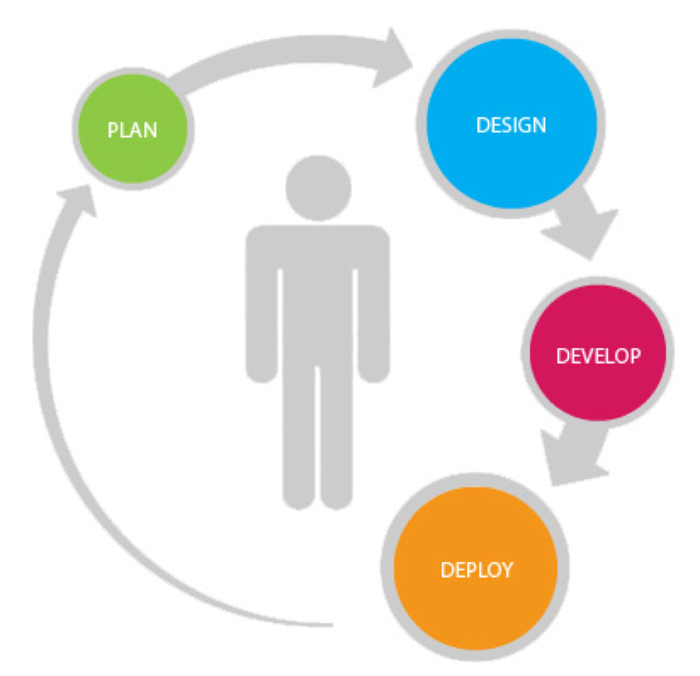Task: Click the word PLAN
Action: (132, 130)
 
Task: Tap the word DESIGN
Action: (510, 126)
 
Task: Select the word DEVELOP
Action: (598, 357)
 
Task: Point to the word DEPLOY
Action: (476, 569)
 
